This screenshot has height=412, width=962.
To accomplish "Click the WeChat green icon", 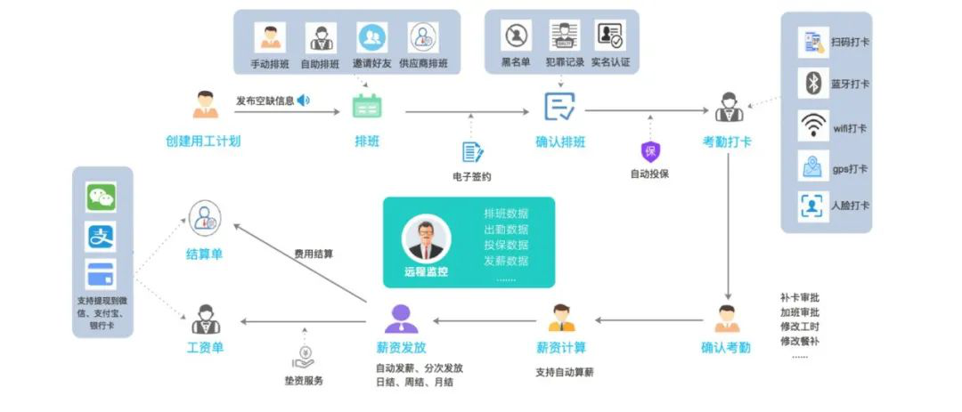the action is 101,197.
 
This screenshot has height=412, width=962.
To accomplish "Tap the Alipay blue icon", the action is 101,236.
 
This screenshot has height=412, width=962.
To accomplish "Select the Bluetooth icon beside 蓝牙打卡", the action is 813,84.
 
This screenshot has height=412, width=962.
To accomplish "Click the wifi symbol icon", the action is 813,125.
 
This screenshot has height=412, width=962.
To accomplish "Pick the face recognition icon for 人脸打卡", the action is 813,206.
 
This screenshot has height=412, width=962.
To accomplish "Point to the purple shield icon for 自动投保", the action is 649,151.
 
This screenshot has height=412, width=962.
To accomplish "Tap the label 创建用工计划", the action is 203,141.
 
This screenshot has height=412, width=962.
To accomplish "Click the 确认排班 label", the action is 560,142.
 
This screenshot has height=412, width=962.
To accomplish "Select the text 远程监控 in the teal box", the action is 426,271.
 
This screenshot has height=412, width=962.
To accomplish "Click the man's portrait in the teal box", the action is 427,238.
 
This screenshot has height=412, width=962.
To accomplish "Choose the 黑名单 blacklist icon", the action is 516,36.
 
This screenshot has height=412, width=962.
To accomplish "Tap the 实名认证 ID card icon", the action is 610,36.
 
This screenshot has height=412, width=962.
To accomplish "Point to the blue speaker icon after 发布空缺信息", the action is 303,100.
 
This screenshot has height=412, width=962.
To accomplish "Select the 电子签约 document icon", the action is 472,152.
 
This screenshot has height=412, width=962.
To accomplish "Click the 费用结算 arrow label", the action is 314,254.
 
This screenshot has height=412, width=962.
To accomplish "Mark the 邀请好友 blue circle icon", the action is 372,37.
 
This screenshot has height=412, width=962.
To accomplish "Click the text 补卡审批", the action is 799,299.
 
